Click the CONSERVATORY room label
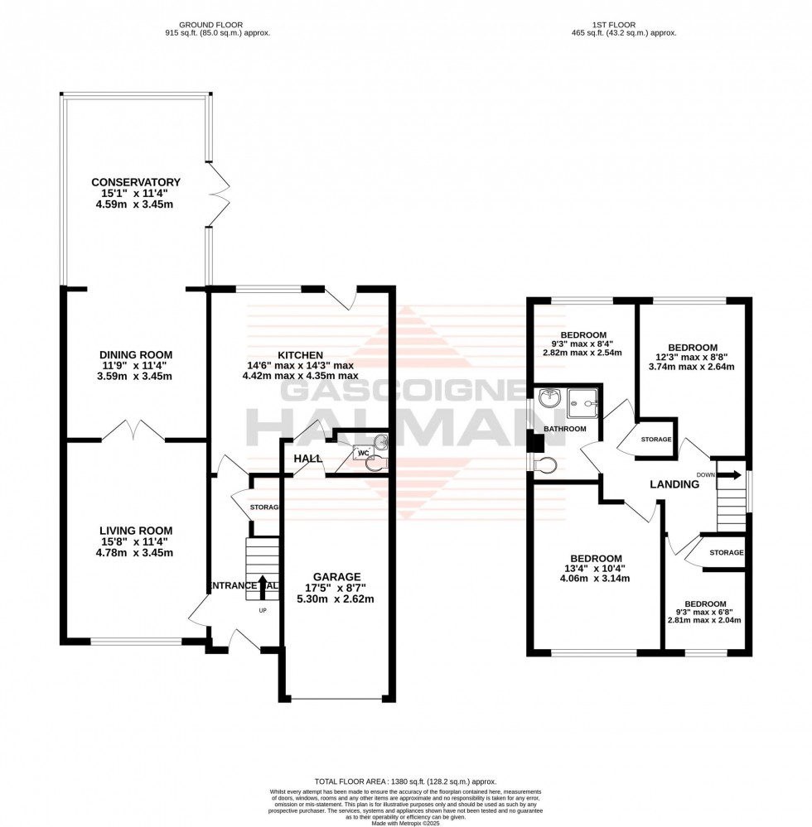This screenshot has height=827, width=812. coord(136,182)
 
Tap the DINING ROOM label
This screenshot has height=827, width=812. coord(136,354)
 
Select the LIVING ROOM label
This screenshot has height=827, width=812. coord(136,531)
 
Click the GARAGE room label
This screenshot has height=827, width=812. coord(336,577)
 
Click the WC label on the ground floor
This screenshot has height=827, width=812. coord(361,453)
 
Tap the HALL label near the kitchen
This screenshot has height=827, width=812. coord(307,458)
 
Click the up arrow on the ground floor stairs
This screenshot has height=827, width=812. coord(263,585)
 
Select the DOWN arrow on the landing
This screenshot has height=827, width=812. coord(731,475)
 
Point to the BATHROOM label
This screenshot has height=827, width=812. coord(564,429)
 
